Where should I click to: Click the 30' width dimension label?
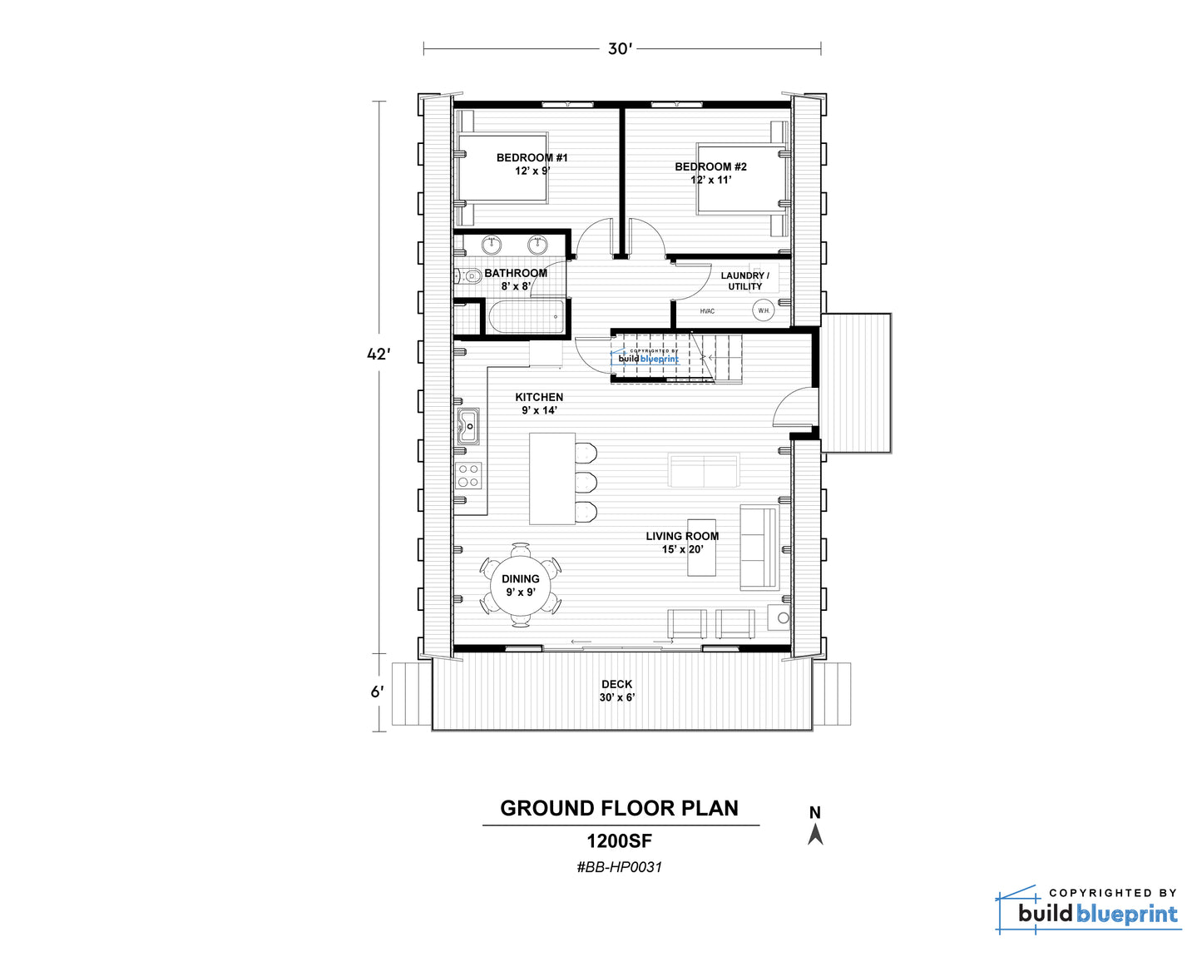pos(620,49)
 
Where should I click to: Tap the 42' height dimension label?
pos(378,354)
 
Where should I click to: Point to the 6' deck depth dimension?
pos(377,692)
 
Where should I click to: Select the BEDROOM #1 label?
pos(532,158)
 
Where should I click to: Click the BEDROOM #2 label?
pos(710,166)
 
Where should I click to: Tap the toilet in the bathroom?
pos(468,276)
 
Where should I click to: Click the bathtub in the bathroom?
pos(527,317)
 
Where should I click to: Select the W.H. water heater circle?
pos(763,310)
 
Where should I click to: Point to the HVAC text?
pos(707,311)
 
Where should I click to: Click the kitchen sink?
pos(468,427)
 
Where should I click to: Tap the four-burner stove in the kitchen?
pos(468,476)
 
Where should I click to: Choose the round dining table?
pos(521,586)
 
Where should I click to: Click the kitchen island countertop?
pos(552,478)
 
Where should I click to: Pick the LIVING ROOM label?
pos(683,536)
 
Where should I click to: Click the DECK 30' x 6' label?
pos(617,691)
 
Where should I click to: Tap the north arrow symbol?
pos(815,836)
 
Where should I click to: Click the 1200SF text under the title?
pos(620,841)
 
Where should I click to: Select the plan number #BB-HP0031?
pos(620,868)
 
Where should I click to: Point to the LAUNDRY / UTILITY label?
pos(745,281)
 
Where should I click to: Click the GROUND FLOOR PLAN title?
pos(620,808)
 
